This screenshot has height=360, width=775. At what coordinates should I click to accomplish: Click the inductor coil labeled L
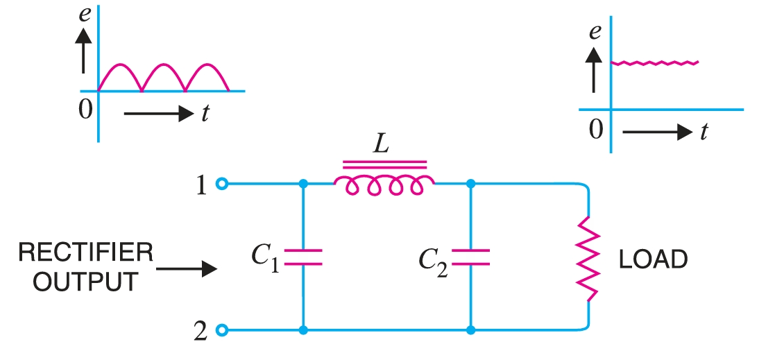(384, 184)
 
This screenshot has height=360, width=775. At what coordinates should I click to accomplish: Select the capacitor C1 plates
(303, 257)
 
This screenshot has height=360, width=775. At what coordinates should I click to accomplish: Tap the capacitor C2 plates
(470, 257)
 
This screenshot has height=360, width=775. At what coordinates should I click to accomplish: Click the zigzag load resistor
(588, 259)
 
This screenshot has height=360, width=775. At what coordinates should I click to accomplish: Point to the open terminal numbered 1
(221, 184)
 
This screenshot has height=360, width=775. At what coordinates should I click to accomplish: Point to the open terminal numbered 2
(221, 330)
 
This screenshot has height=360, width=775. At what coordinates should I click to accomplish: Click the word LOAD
(653, 259)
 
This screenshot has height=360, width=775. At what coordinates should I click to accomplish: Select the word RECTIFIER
(86, 252)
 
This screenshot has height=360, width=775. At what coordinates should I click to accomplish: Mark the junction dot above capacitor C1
(303, 184)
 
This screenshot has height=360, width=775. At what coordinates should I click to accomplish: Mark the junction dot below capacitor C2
(470, 330)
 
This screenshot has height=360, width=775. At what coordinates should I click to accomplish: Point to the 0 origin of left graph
(85, 110)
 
